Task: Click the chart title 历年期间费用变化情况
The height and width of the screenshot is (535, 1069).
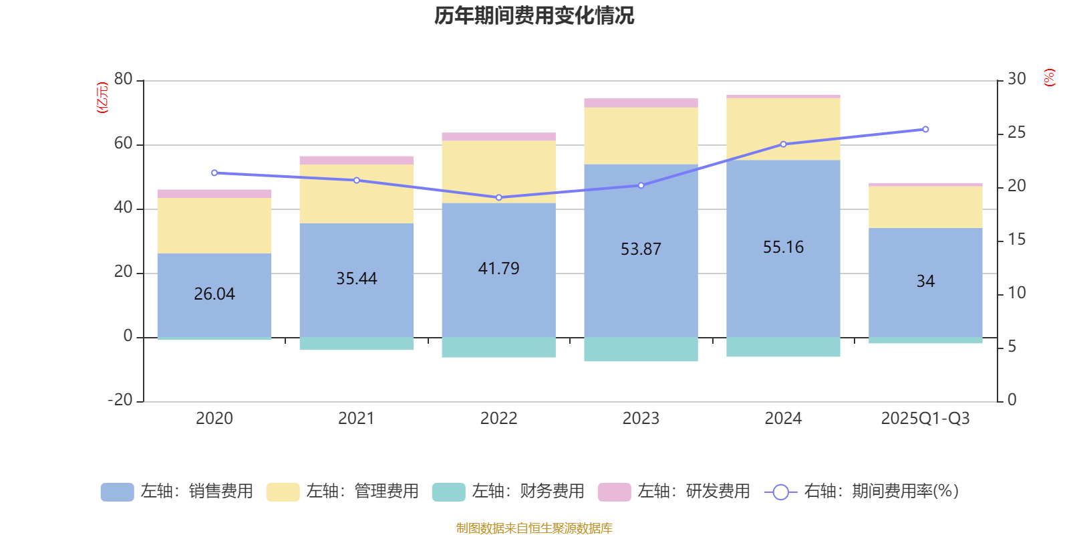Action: [x=534, y=15]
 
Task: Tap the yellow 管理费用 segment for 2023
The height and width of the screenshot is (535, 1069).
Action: [x=641, y=136]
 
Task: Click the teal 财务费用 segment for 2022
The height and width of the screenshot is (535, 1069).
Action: [x=498, y=347]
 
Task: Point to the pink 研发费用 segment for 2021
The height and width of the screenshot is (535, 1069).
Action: [x=356, y=160]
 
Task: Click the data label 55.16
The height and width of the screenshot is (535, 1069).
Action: [x=783, y=247]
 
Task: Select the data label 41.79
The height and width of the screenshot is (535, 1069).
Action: [x=498, y=269]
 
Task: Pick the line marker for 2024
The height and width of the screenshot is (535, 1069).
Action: [x=783, y=144]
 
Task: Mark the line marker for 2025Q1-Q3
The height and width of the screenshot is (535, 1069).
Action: [x=925, y=129]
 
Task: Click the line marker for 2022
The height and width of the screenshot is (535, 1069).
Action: [x=498, y=197]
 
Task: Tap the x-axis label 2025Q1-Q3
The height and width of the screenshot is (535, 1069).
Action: [x=925, y=419]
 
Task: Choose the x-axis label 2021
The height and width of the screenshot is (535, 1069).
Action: [x=356, y=419]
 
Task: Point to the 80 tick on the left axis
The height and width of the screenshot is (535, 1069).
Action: [x=124, y=80]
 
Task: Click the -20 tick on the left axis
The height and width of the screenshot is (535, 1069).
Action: [x=120, y=400]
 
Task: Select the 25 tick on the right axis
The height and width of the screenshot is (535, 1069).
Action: [x=1016, y=133]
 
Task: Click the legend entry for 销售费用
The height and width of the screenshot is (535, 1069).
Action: [x=178, y=492]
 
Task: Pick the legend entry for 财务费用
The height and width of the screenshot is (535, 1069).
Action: [x=509, y=492]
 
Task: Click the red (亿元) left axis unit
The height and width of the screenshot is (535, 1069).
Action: [x=102, y=98]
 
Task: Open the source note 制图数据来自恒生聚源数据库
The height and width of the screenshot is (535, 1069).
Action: [x=534, y=528]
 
